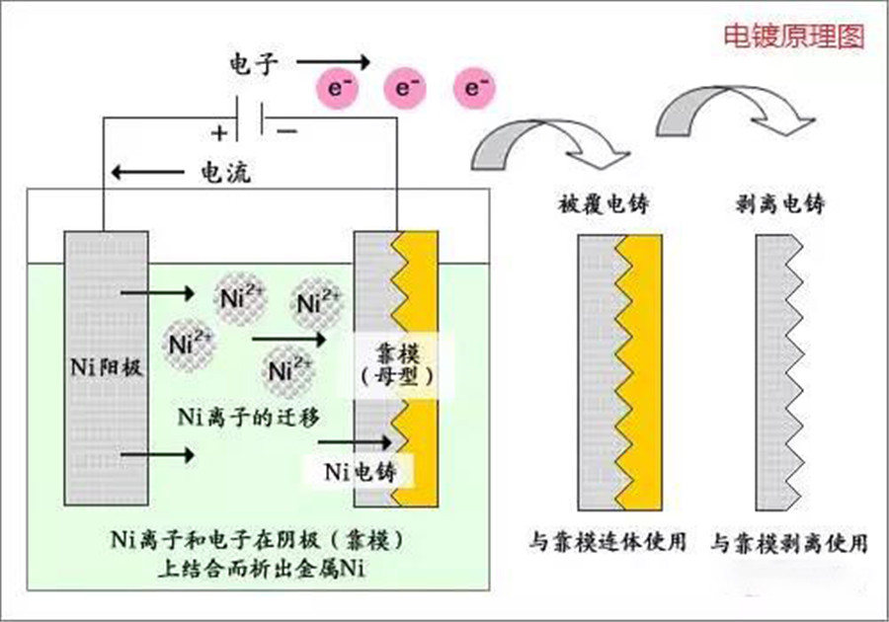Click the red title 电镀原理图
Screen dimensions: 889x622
(794, 37)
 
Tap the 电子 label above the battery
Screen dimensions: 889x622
(254, 63)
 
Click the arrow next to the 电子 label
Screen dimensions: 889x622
(334, 62)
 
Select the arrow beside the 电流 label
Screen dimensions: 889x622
(147, 172)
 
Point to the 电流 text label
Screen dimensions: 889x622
(225, 172)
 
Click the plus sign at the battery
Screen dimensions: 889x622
(219, 133)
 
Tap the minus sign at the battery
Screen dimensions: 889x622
(286, 131)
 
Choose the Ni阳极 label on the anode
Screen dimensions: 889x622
(106, 367)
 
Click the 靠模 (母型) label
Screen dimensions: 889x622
(399, 365)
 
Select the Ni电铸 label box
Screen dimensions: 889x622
(360, 471)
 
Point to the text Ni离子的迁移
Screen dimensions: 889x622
(249, 418)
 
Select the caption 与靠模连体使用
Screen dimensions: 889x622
(607, 542)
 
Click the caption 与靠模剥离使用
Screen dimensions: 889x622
(789, 543)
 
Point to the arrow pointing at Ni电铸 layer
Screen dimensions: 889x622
(355, 442)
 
